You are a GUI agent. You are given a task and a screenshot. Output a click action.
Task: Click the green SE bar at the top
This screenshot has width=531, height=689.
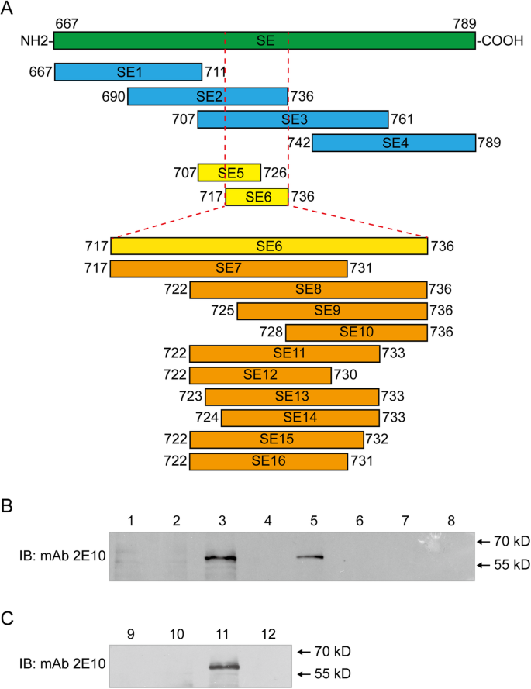point(264,40)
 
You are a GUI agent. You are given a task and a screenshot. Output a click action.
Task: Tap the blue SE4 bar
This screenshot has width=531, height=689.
point(393,143)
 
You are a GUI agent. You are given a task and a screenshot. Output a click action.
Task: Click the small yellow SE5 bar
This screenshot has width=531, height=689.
point(229,171)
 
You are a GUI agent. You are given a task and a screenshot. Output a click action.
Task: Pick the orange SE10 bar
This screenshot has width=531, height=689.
point(357,332)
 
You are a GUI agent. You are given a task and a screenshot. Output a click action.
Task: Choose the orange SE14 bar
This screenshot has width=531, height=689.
point(300,418)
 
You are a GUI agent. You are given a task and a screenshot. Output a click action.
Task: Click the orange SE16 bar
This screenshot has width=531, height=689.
point(268,461)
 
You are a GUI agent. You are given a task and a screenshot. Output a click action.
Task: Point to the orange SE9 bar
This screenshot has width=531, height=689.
point(333,311)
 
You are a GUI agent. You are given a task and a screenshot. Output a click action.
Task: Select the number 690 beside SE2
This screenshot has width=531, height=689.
point(112,96)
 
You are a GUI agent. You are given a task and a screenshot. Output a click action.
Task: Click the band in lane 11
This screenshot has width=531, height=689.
point(225,665)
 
